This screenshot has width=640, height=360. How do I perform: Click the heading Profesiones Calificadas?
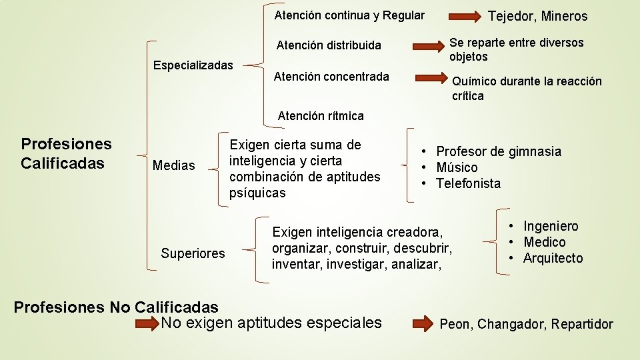(66, 153)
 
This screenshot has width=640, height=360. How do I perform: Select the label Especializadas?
(193, 65)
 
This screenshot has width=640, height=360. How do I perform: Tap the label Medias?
(174, 165)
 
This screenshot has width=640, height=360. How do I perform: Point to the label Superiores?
(193, 253)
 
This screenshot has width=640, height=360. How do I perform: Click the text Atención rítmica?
(321, 116)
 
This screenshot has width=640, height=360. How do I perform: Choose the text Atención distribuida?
(329, 45)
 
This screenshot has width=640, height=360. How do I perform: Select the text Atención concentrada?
(331, 77)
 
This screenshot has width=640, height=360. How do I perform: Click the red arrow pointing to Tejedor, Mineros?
(467, 15)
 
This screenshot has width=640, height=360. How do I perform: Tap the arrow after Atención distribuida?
(427, 46)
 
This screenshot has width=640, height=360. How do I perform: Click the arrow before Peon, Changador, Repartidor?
(422, 324)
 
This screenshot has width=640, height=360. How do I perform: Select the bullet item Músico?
(457, 167)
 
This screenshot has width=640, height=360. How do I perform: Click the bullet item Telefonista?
(468, 183)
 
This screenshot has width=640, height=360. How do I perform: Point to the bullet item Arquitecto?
(553, 258)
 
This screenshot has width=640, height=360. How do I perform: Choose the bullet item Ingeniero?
(551, 226)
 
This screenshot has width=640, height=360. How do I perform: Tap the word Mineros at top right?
(565, 16)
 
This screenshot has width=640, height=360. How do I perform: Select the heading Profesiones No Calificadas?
(116, 307)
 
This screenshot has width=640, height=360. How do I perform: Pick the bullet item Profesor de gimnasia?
(499, 151)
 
